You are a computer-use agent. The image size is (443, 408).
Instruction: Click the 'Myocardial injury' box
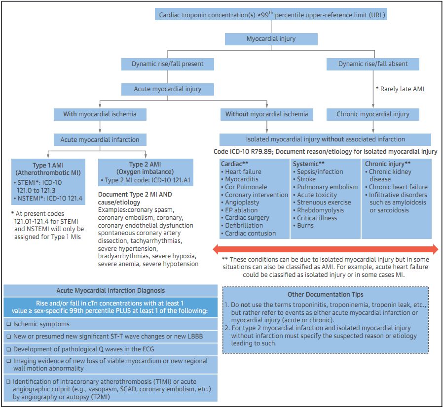(271, 38)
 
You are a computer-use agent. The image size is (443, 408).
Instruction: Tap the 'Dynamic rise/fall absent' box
(372, 64)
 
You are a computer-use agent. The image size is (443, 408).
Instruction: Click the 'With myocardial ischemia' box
(100, 114)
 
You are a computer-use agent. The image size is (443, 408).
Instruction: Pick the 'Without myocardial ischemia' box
(266, 114)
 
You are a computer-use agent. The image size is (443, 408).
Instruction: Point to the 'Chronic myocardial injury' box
(373, 114)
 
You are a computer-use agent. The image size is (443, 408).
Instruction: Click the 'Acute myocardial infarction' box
(100, 139)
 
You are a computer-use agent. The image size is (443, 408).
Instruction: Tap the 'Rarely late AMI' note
(400, 89)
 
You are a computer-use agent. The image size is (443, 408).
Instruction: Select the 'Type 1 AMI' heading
(49, 168)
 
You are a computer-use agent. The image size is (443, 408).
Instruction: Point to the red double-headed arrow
(325, 248)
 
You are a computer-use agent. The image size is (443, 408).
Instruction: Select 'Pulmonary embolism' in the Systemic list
(327, 187)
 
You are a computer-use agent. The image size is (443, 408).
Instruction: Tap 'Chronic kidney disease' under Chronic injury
(391, 175)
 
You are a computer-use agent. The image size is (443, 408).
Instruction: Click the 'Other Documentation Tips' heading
(325, 295)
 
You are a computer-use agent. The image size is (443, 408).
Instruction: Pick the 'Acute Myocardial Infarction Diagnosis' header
(111, 290)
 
